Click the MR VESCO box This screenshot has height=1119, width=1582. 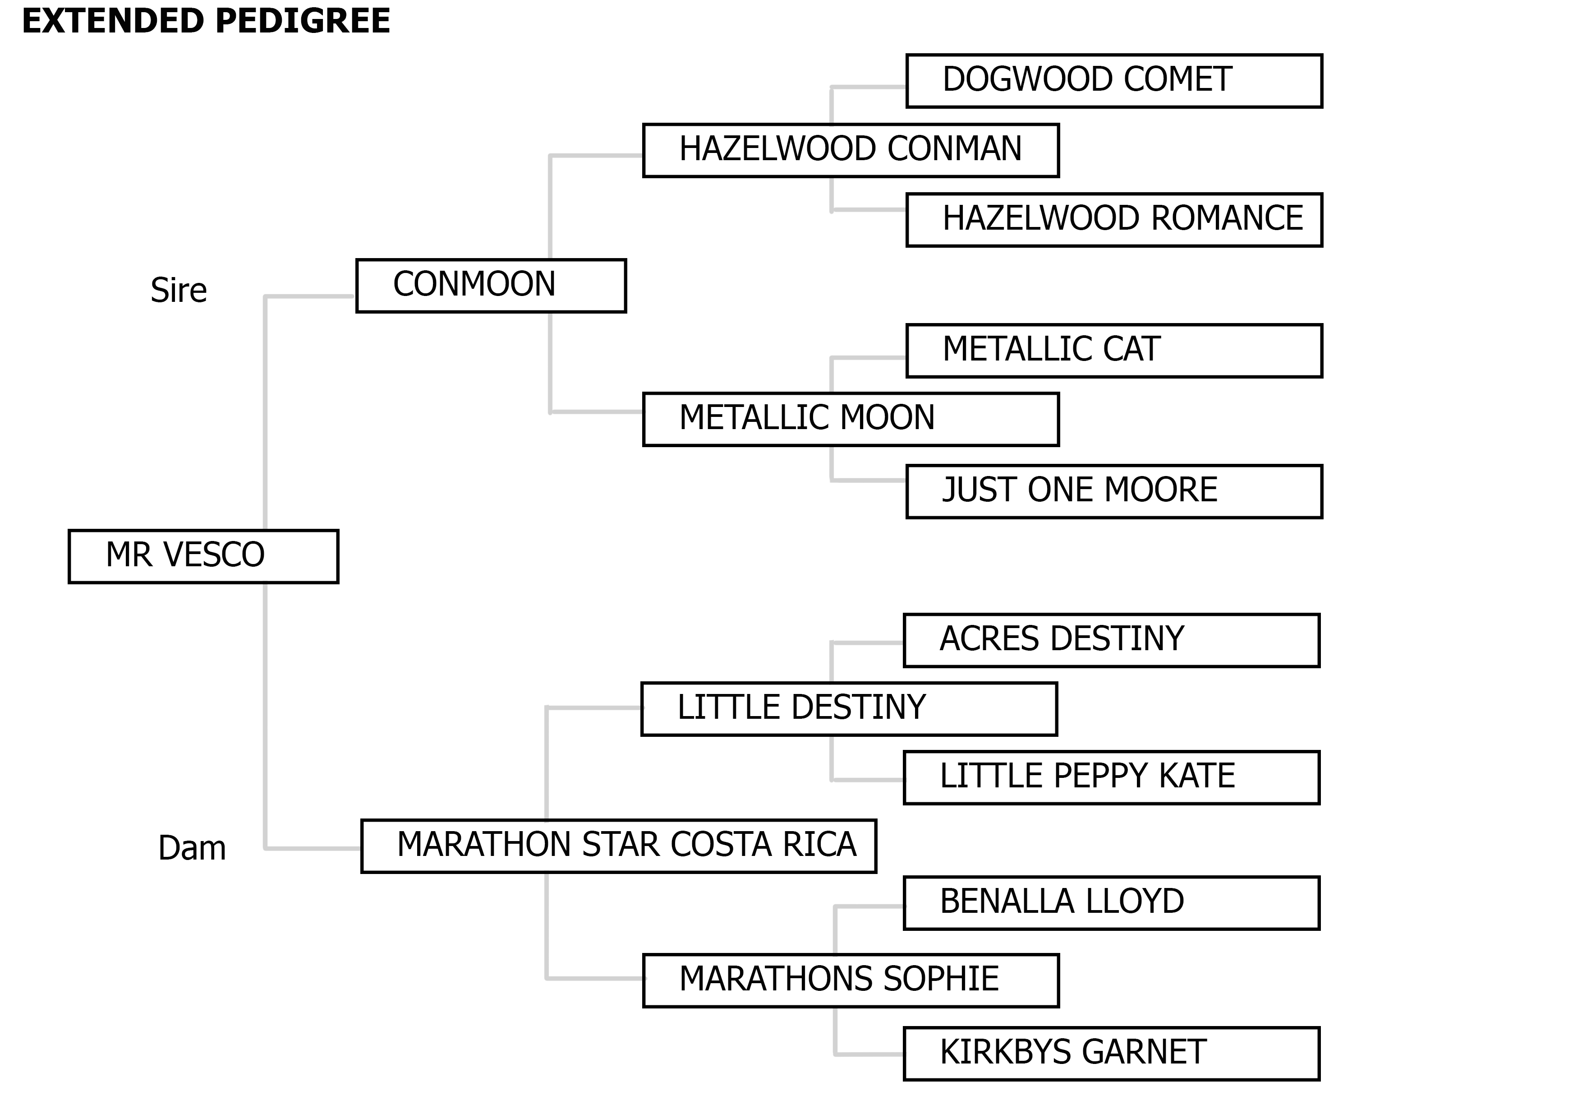203,556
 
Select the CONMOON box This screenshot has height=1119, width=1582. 491,286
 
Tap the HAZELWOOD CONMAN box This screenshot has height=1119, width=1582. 850,150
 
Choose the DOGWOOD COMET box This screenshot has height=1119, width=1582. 1113,81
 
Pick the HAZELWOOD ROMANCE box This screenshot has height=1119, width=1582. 1113,220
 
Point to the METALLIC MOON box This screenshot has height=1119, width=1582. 850,419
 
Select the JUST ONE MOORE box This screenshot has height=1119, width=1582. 1113,491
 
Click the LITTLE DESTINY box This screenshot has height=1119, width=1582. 848,709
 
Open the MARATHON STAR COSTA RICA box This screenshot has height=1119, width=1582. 618,846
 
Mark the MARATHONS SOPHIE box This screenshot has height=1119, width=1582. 850,980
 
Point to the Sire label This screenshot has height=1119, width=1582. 179,290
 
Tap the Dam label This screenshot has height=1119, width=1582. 192,848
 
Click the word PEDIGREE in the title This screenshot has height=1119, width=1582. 303,21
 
